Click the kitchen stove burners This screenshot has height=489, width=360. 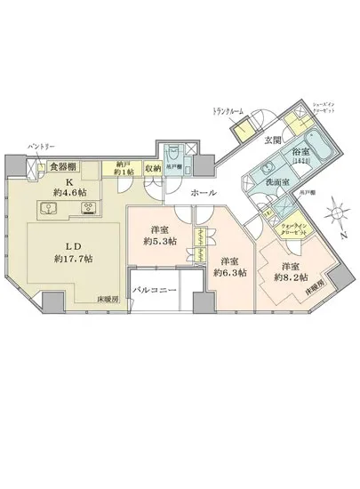click(88, 209)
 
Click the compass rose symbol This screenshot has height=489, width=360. click(334, 215)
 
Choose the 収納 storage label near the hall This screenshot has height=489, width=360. click(152, 168)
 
